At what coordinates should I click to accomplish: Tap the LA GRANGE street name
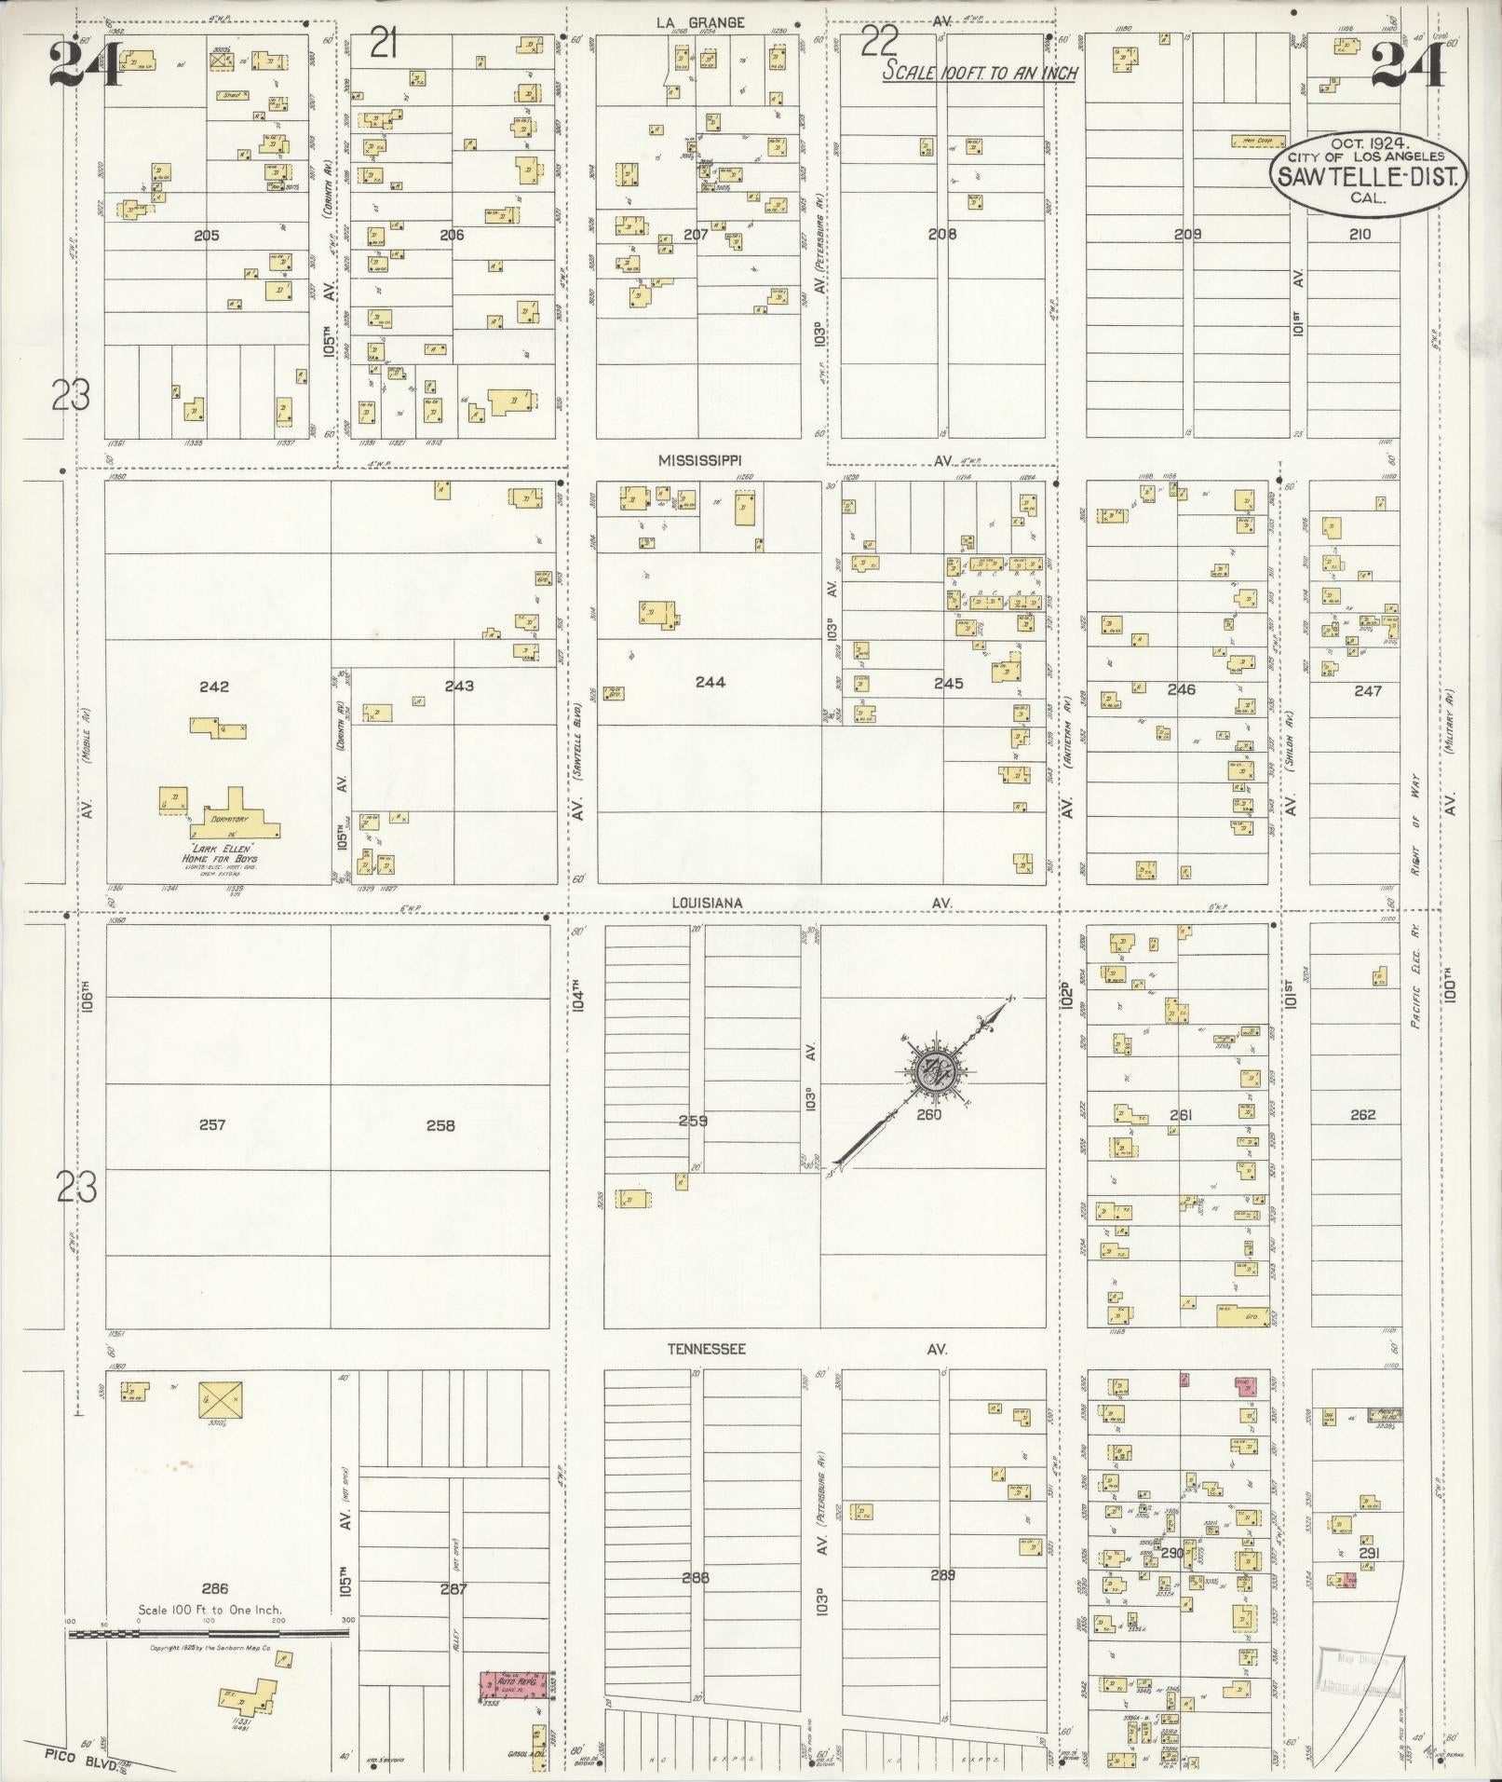click(700, 22)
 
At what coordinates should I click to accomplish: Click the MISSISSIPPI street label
click(699, 460)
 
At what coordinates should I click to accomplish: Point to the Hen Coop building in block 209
click(1257, 142)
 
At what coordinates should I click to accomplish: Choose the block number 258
click(440, 1125)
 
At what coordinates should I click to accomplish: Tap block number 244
click(710, 682)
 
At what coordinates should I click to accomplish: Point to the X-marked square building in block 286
click(220, 1400)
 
